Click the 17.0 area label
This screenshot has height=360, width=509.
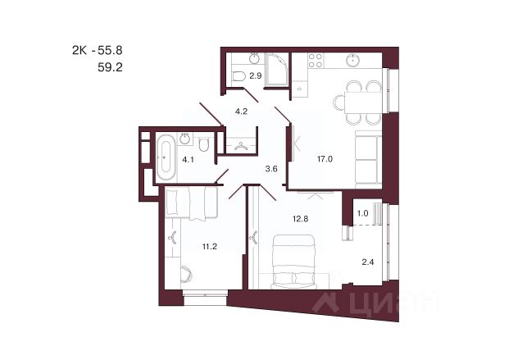tap(325, 159)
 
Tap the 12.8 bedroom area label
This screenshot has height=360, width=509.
tap(300, 219)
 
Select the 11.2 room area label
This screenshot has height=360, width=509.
tap(209, 247)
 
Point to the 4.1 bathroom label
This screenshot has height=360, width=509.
tap(188, 160)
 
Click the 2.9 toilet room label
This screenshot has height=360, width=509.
tap(256, 76)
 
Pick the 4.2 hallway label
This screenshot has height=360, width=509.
tap(241, 112)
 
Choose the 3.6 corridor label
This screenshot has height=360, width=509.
tap(271, 169)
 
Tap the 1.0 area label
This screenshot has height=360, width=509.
tap(362, 213)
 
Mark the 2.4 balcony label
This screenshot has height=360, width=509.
tap(368, 262)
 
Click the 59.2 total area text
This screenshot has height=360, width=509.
tap(110, 67)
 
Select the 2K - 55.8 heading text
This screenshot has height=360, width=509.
tap(98, 50)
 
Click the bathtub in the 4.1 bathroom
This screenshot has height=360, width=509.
tap(166, 157)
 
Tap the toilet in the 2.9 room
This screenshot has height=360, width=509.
tap(239, 75)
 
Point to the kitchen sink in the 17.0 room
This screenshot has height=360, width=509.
tap(352, 60)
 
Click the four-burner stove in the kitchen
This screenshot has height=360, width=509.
tap(316, 61)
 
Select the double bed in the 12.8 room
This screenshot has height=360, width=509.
tap(293, 262)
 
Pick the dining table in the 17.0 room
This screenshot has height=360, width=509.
tap(363, 103)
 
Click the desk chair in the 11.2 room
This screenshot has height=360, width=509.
tap(187, 274)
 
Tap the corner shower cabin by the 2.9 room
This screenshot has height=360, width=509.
tap(276, 70)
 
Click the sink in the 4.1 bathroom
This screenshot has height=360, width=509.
tap(185, 139)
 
